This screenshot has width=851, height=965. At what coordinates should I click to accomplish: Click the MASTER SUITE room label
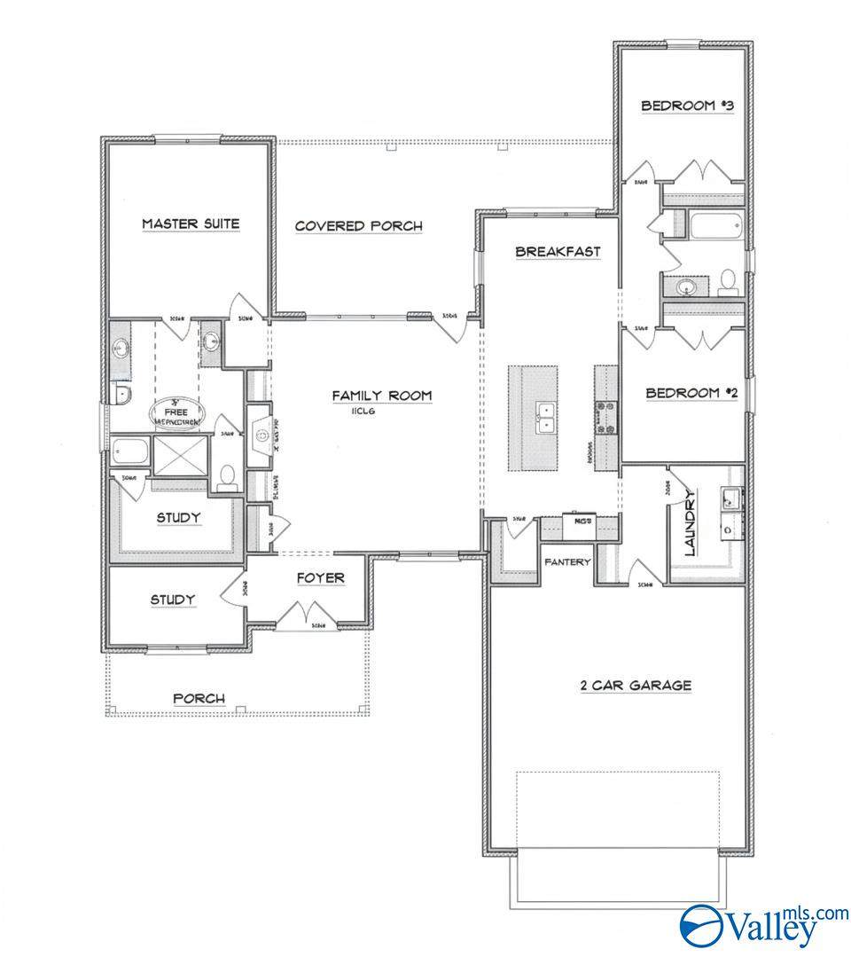(x=191, y=224)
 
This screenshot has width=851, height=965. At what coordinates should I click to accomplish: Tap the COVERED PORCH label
(x=358, y=226)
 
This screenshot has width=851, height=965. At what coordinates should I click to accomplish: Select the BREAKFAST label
(x=558, y=252)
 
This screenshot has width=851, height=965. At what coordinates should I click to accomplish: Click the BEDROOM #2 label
(x=691, y=393)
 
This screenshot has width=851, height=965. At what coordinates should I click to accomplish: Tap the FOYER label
(x=320, y=578)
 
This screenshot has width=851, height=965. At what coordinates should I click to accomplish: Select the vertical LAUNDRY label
(x=691, y=524)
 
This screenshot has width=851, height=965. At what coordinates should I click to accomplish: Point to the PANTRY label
(x=567, y=561)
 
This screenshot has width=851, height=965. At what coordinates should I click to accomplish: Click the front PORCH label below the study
(x=199, y=699)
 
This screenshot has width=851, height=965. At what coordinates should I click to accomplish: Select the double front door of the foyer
(x=307, y=613)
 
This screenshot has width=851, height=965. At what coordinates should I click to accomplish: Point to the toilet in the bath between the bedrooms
(x=729, y=281)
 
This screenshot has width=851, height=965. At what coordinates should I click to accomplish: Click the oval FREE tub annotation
(x=180, y=412)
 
